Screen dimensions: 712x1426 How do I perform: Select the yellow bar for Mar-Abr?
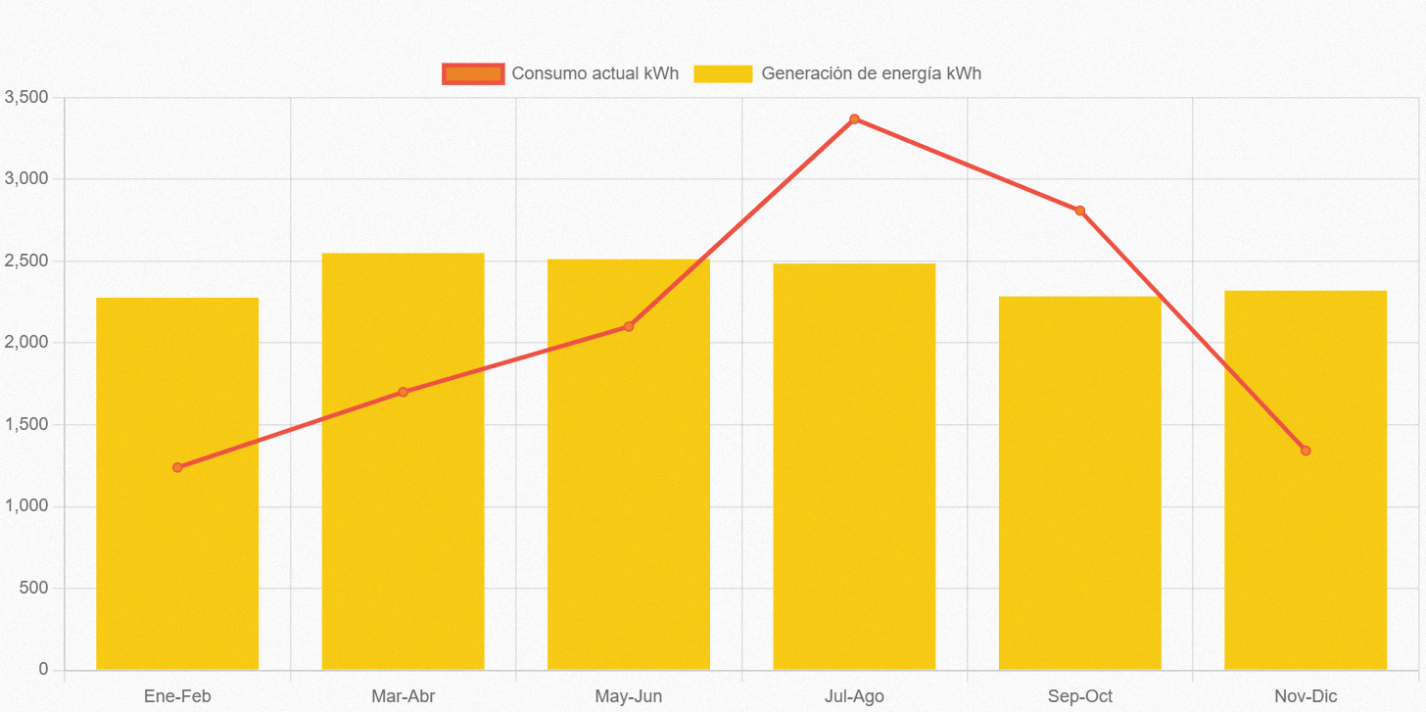(x=403, y=529)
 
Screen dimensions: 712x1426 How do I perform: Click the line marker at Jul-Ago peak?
(x=854, y=119)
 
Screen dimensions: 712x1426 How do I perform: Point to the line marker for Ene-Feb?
(x=177, y=467)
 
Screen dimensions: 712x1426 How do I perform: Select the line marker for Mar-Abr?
(x=403, y=392)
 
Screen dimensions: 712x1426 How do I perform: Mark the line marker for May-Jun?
(x=629, y=326)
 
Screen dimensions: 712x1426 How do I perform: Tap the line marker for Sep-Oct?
(x=1079, y=211)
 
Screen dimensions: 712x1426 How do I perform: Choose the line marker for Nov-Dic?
(x=1306, y=451)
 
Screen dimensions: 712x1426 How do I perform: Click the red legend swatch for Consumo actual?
(x=473, y=73)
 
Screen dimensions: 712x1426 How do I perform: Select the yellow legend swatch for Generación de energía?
(x=723, y=73)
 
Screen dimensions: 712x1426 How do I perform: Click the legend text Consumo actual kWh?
(x=594, y=73)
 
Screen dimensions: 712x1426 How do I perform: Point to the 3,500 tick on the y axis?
(x=25, y=97)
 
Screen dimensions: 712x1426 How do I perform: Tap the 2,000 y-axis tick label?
(x=25, y=343)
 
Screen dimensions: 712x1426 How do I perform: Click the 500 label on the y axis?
(x=35, y=588)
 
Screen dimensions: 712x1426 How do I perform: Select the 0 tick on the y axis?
(x=43, y=669)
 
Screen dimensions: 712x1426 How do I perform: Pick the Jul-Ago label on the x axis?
(x=854, y=696)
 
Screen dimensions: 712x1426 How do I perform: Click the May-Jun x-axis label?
(x=629, y=696)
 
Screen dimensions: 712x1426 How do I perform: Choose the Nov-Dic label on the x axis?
(x=1306, y=696)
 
